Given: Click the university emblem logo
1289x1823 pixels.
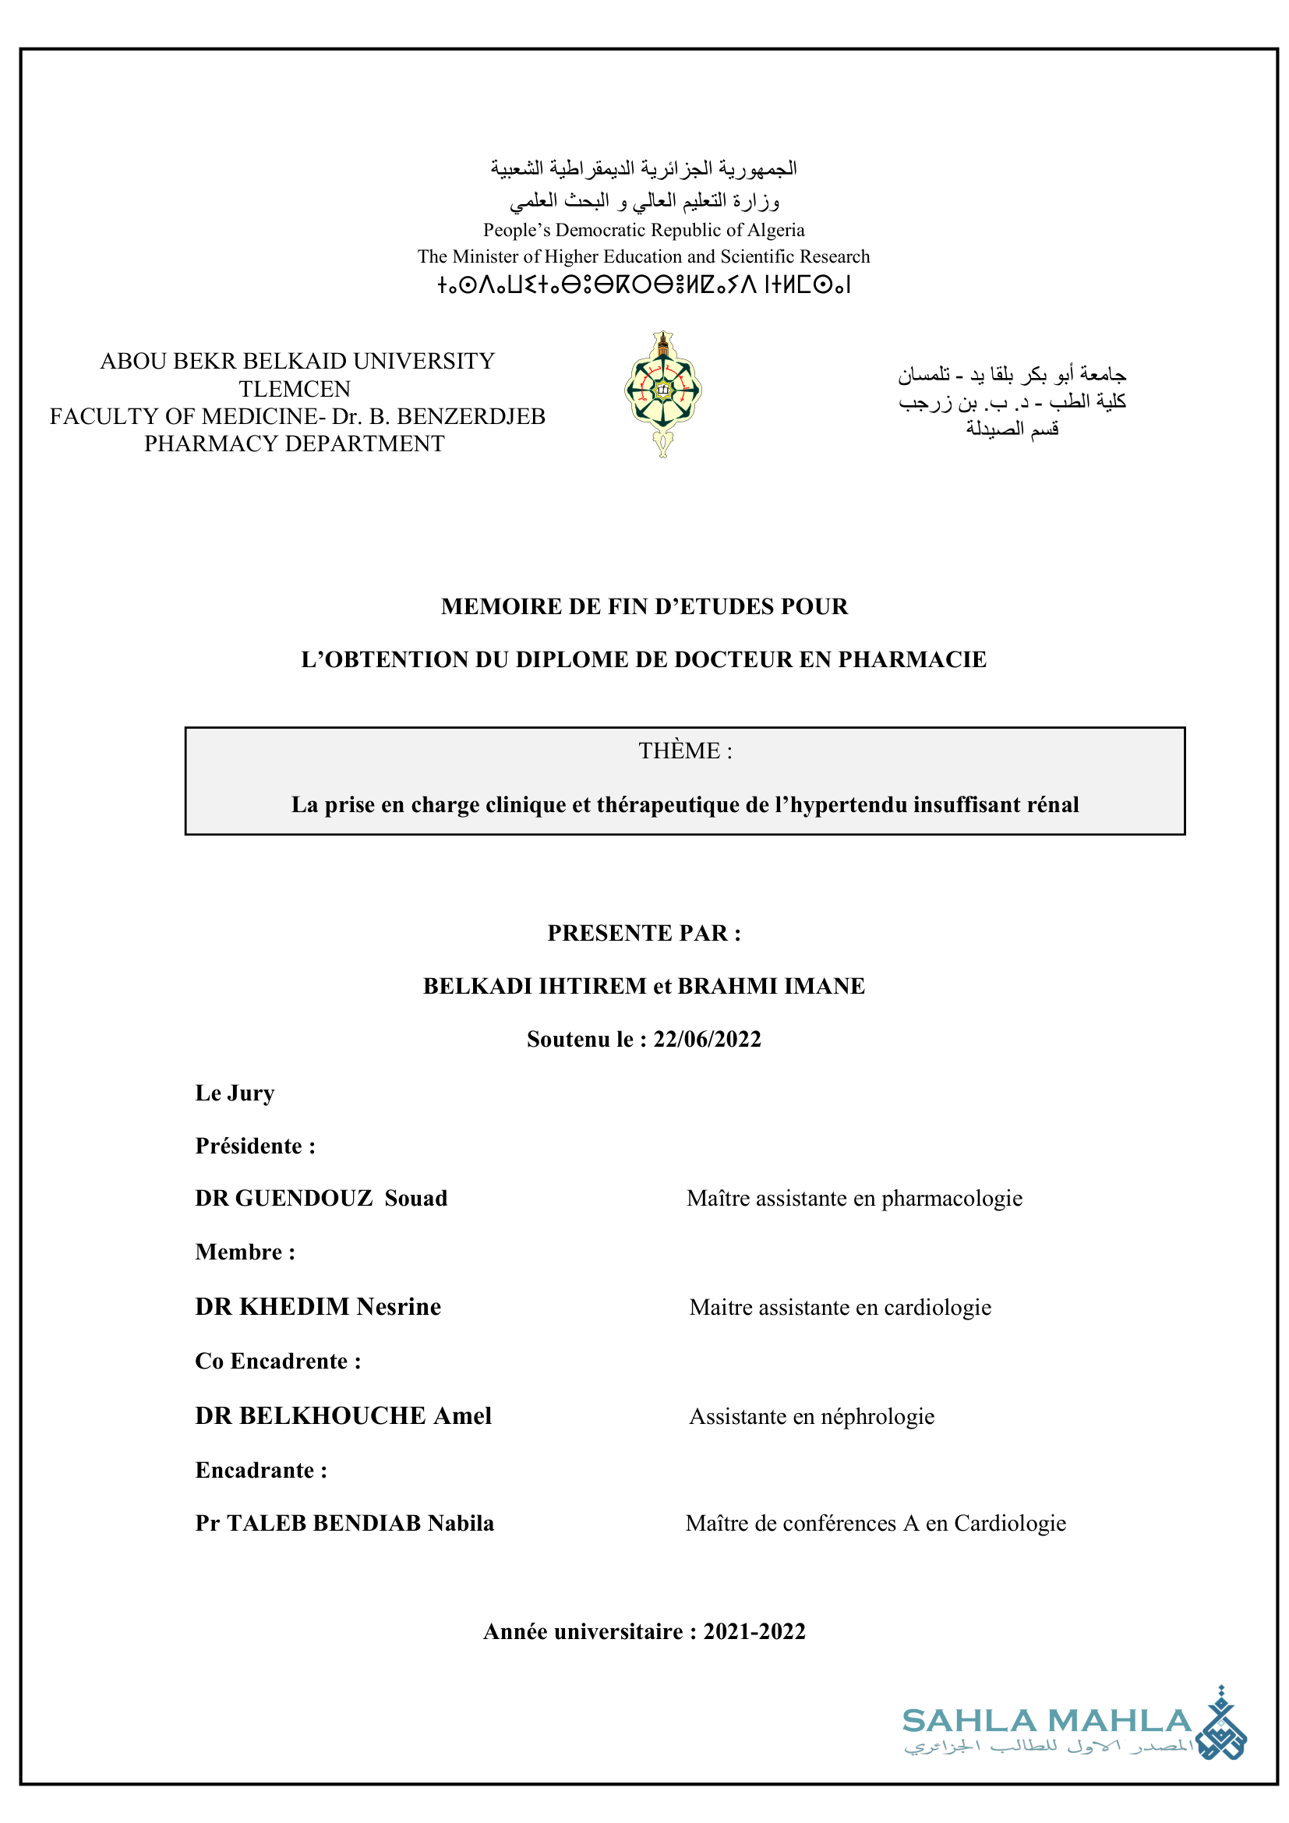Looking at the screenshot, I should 662,393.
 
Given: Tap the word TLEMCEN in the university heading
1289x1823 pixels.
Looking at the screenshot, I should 295,389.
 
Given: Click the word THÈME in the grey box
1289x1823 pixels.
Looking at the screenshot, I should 680,751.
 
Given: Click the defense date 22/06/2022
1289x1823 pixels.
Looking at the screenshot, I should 707,1040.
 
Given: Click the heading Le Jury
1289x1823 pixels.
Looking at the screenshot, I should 235,1093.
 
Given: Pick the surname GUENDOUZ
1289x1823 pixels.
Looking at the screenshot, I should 304,1198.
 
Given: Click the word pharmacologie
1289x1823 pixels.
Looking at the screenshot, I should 952,1198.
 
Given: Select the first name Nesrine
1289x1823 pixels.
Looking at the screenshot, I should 398,1307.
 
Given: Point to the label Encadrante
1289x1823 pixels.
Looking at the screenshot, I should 255,1471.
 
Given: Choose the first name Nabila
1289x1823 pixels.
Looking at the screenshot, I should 461,1524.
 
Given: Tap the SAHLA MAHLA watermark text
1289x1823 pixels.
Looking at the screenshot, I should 1047,1722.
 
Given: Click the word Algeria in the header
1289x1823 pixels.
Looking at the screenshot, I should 775,230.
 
